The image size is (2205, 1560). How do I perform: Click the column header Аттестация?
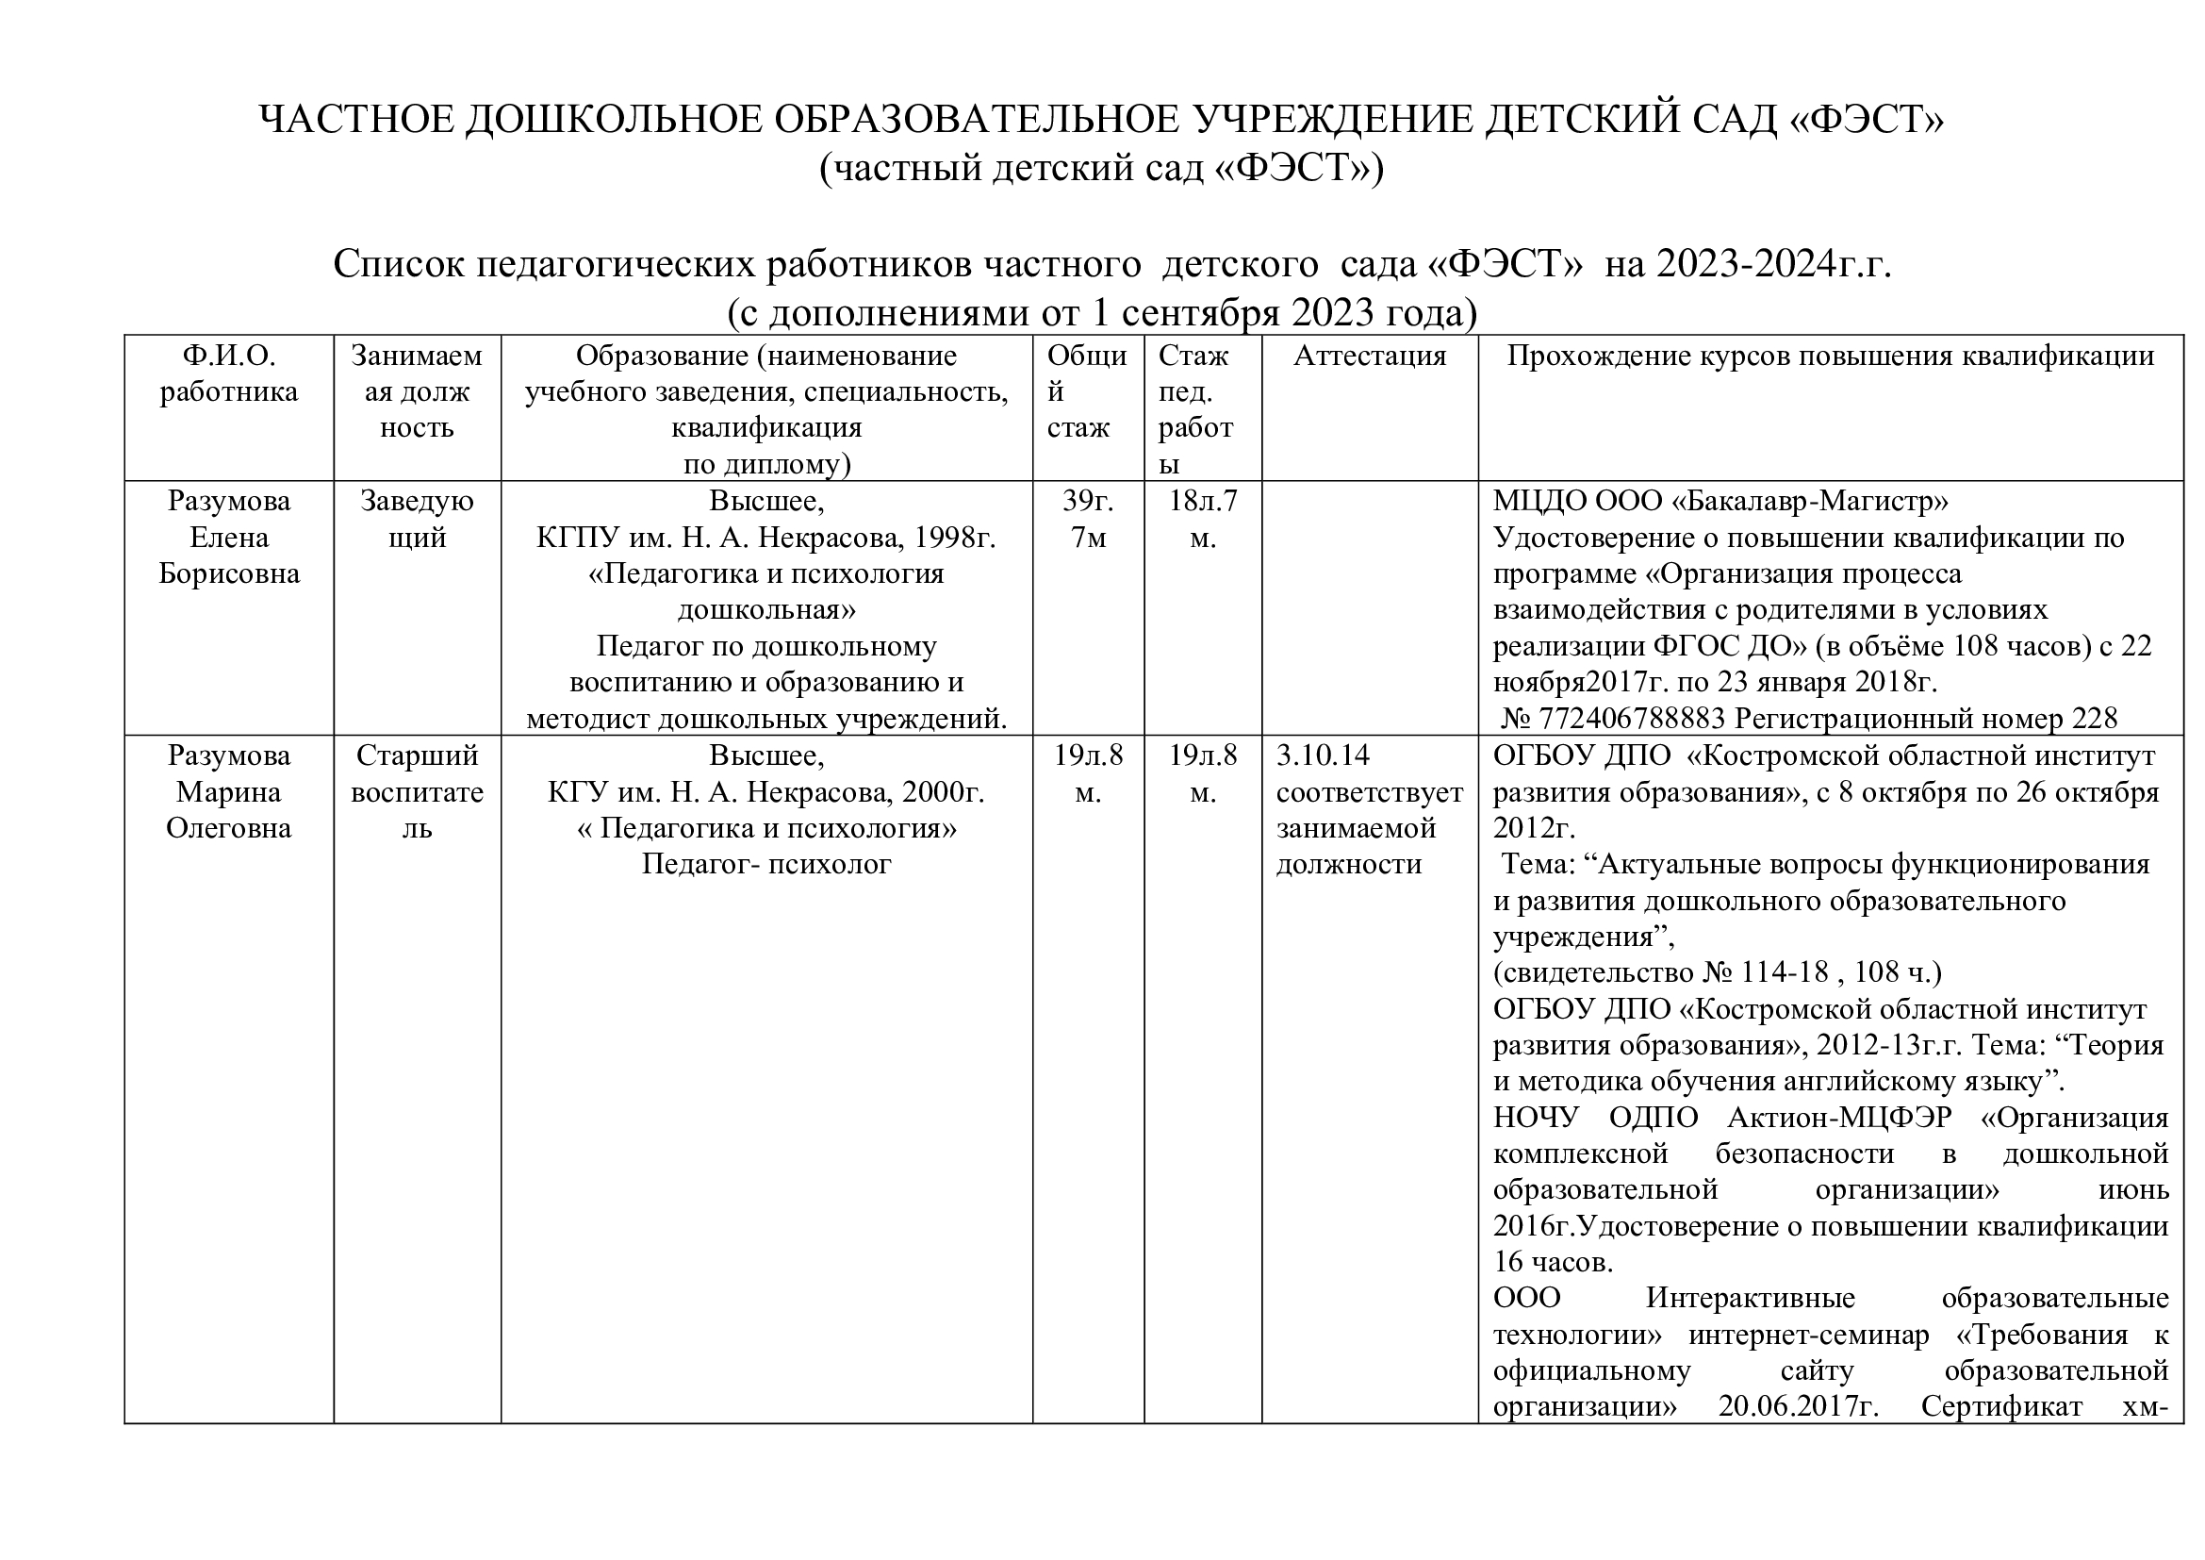click(x=1369, y=357)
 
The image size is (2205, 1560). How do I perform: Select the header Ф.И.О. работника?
click(x=228, y=373)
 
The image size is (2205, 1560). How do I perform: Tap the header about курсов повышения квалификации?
click(x=1830, y=357)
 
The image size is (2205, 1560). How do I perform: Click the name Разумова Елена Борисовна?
click(x=228, y=537)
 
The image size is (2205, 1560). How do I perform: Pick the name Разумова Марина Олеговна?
click(x=228, y=791)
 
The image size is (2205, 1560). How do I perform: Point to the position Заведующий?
click(x=417, y=519)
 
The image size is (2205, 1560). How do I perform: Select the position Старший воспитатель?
click(x=417, y=791)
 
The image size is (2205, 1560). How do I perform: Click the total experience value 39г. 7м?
click(x=1088, y=519)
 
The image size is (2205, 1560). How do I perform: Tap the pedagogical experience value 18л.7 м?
click(x=1202, y=519)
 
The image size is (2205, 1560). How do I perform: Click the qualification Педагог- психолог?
click(x=766, y=865)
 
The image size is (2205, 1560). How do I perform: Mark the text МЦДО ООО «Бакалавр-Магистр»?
click(x=1720, y=502)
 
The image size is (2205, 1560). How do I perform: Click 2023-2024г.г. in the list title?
click(x=1773, y=264)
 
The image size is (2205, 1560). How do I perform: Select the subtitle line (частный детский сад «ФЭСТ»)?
click(x=1101, y=168)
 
